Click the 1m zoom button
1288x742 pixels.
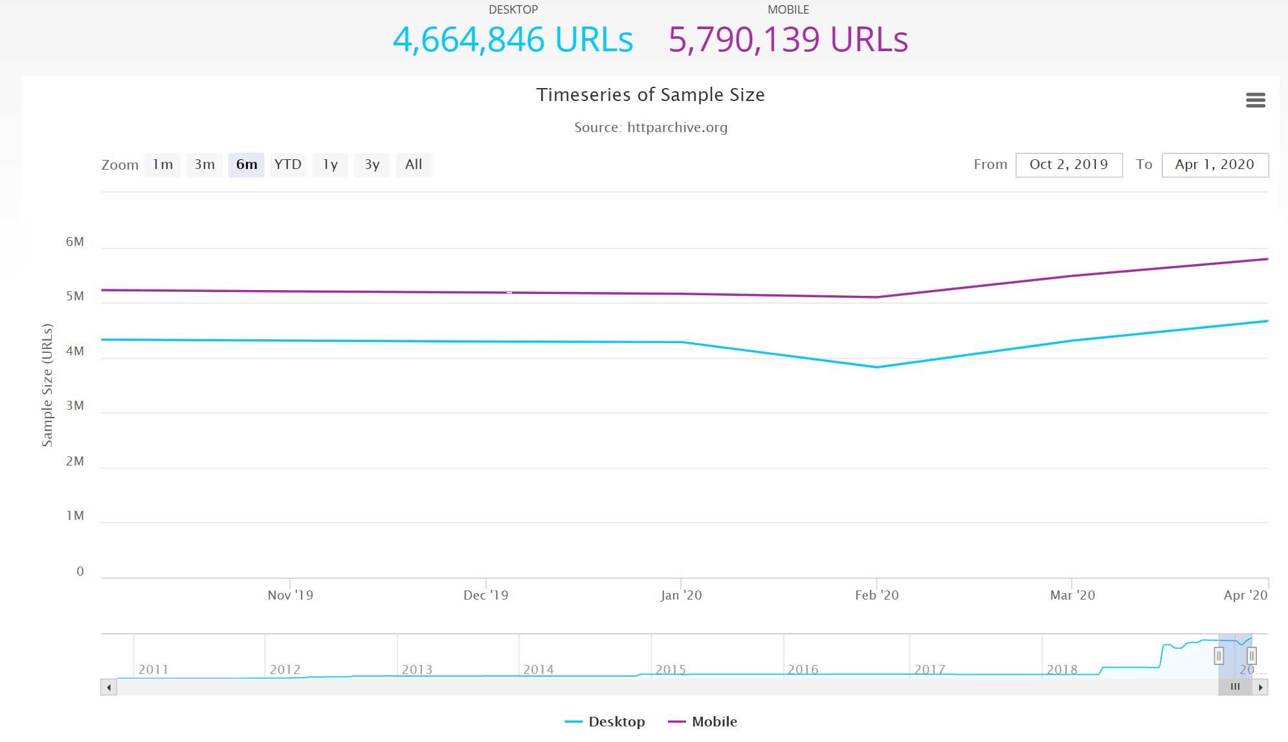point(162,164)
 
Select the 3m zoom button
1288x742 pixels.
point(205,164)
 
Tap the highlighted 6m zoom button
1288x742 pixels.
point(246,164)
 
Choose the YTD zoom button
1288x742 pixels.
point(288,164)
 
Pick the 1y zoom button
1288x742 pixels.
point(330,164)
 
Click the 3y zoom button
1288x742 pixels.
point(372,164)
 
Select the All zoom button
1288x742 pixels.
point(414,164)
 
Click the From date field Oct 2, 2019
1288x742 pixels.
point(1069,164)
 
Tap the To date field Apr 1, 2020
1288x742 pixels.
point(1215,164)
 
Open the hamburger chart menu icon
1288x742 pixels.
point(1255,100)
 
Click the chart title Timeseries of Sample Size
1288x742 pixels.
point(650,95)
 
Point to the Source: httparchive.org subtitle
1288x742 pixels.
point(650,128)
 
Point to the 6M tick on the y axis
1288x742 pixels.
point(75,242)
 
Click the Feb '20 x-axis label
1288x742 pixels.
point(876,595)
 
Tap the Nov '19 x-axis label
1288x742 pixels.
point(290,595)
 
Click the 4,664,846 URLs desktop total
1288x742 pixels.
point(513,39)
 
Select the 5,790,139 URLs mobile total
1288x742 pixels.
point(788,39)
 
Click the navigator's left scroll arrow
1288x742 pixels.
point(109,687)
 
